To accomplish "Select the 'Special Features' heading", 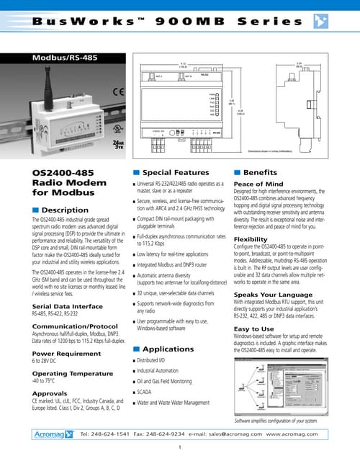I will [176, 173].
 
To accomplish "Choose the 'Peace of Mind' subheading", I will [258, 185].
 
